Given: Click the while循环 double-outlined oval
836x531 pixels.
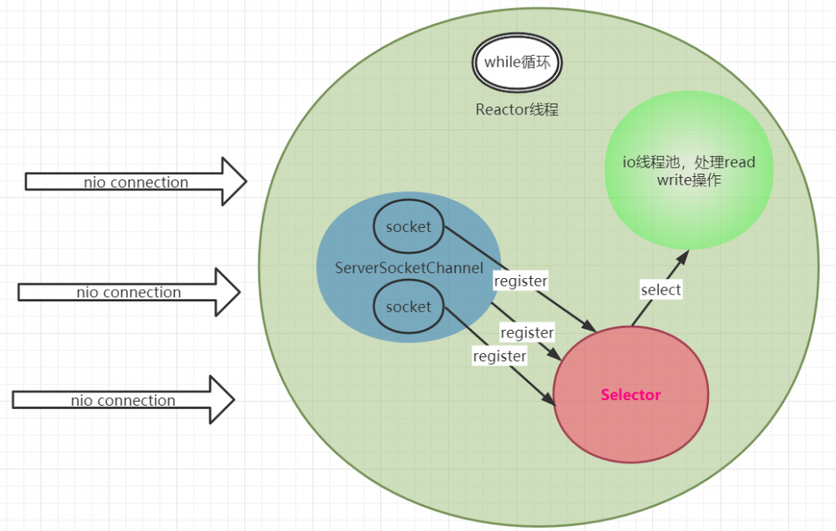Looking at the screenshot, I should click(x=517, y=62).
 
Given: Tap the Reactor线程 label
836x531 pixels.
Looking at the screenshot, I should click(x=517, y=109).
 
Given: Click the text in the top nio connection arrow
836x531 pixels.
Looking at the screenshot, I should click(x=135, y=182).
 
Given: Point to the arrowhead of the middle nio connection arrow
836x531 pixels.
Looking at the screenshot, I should click(x=227, y=292).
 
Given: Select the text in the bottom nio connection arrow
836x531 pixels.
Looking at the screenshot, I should click(x=123, y=401).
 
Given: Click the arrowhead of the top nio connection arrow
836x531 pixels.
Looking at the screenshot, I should click(x=233, y=181).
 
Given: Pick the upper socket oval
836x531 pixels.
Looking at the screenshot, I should click(x=408, y=226).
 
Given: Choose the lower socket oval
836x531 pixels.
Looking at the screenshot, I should click(x=408, y=306).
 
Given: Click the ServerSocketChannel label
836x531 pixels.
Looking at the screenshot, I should click(x=409, y=268).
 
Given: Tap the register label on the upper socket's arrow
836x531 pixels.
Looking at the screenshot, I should click(x=520, y=281).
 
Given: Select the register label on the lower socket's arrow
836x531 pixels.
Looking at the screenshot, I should click(x=500, y=357).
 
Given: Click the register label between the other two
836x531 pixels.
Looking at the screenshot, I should click(x=527, y=333).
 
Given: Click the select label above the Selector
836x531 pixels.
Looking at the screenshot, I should click(x=660, y=290).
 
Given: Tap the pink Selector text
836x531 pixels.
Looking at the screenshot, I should click(x=630, y=395).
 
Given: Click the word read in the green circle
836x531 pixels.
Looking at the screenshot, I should click(x=739, y=162).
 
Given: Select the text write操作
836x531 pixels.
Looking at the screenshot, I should click(x=688, y=180).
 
